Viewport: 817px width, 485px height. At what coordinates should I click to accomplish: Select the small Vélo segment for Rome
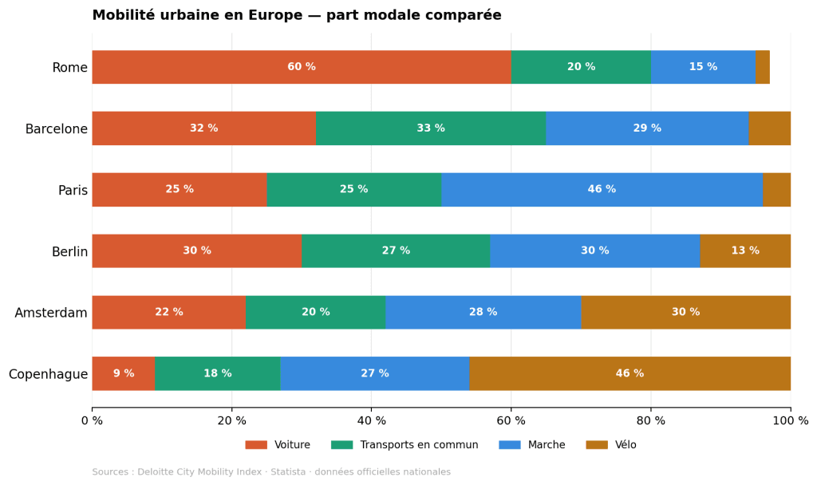point(763,67)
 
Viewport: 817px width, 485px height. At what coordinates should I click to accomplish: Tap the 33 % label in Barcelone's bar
point(431,128)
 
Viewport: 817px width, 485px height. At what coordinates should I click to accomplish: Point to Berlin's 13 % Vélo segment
point(745,250)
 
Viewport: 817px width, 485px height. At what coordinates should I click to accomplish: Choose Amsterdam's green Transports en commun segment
point(315,312)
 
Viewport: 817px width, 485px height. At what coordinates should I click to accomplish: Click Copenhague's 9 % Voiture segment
point(123,373)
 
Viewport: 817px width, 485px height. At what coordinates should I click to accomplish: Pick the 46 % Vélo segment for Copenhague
point(630,373)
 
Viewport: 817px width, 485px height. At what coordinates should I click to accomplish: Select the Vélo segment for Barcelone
point(769,128)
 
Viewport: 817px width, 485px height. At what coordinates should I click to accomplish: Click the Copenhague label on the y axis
point(48,374)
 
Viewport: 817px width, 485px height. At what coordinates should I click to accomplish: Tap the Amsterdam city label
point(51,313)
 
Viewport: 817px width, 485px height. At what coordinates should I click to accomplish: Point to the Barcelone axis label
point(56,129)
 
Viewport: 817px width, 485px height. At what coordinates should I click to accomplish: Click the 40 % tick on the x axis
point(371,421)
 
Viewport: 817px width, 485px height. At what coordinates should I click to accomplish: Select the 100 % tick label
point(790,421)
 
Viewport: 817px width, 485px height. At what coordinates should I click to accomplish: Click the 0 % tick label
point(92,421)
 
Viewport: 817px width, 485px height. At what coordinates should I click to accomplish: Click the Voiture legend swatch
point(256,445)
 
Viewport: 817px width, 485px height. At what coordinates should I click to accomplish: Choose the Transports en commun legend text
point(419,445)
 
